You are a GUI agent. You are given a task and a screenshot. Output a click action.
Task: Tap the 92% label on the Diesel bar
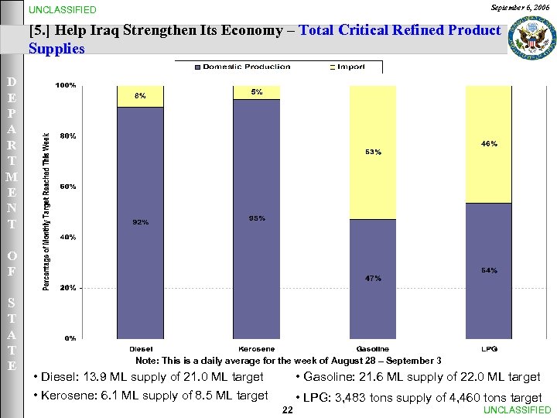click(x=140, y=222)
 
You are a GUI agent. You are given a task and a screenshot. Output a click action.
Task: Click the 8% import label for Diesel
click(x=140, y=96)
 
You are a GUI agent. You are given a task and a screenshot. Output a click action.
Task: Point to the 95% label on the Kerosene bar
click(x=257, y=218)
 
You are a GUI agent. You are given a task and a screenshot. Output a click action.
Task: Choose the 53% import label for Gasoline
click(x=373, y=152)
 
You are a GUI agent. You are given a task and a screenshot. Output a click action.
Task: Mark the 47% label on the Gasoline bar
click(x=373, y=278)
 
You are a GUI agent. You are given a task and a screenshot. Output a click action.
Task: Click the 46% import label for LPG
click(x=489, y=144)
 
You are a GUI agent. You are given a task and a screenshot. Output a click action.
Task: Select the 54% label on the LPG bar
click(x=489, y=270)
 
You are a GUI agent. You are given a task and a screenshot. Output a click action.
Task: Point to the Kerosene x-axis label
click(x=257, y=349)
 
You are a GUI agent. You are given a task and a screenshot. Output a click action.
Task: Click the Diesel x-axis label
click(x=140, y=349)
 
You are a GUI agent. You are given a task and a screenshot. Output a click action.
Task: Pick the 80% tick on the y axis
click(x=68, y=136)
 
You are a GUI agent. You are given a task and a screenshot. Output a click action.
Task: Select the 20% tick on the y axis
click(x=68, y=287)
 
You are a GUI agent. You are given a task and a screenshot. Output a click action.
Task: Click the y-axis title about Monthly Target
click(x=46, y=211)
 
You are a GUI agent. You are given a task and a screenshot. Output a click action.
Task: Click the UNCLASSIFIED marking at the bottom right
click(x=517, y=410)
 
